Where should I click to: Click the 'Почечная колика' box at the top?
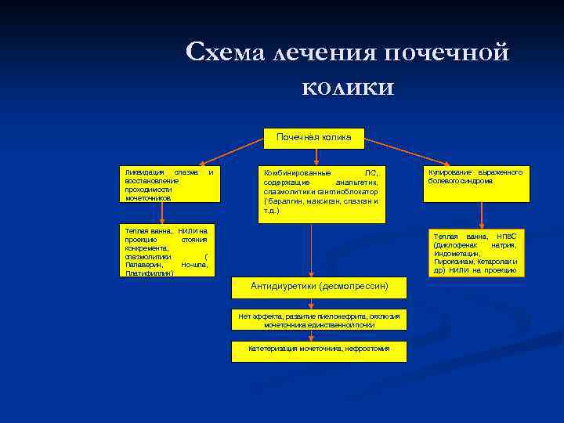[313, 138]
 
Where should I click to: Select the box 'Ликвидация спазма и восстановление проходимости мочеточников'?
[168, 185]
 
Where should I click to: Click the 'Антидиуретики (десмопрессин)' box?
[319, 287]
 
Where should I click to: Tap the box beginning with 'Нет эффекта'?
[319, 320]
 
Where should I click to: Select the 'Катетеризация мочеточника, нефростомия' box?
[319, 351]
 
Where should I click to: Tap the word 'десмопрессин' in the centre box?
[353, 287]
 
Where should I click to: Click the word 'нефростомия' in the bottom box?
[367, 348]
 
